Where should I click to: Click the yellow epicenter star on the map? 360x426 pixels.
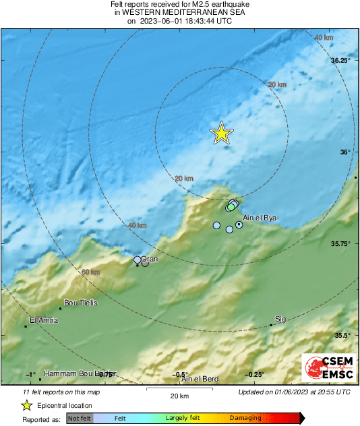point(221,133)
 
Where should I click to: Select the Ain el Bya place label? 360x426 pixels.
point(260,217)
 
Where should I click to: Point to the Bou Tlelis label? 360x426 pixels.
point(80,303)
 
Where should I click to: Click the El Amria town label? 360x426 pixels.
point(44,320)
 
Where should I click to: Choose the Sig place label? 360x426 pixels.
point(280,319)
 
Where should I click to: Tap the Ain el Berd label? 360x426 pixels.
point(200,379)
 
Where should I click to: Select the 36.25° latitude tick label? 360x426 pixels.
point(341,61)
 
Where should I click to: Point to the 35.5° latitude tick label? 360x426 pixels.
point(341,335)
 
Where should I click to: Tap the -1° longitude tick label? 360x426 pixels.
point(30,375)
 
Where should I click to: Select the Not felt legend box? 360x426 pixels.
point(80,418)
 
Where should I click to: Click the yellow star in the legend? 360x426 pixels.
point(26,405)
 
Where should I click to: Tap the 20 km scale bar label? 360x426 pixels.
point(179,396)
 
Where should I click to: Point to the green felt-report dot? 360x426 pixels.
point(231,208)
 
